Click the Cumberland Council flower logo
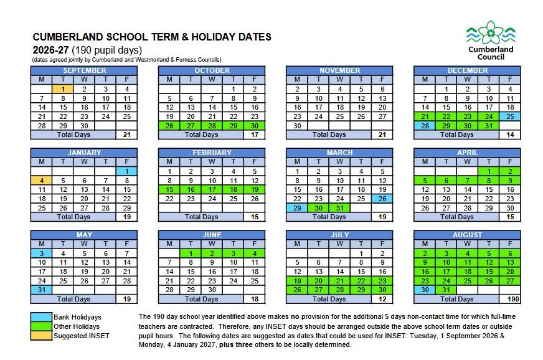point(491,31)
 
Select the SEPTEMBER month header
point(84,70)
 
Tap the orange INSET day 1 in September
point(63,89)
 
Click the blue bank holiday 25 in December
point(509,116)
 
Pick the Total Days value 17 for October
point(254,135)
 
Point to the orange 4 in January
point(41,181)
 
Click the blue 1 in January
point(126,171)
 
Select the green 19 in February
point(254,189)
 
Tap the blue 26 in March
point(382,199)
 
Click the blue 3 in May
point(41,253)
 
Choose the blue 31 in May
point(41,290)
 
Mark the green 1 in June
point(190,253)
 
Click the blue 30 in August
point(424,290)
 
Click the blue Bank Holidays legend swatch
point(40,317)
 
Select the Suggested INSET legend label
point(81,336)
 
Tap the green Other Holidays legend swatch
point(40,326)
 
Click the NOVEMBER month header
point(339,70)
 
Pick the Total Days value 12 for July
point(382,299)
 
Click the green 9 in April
point(509,181)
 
